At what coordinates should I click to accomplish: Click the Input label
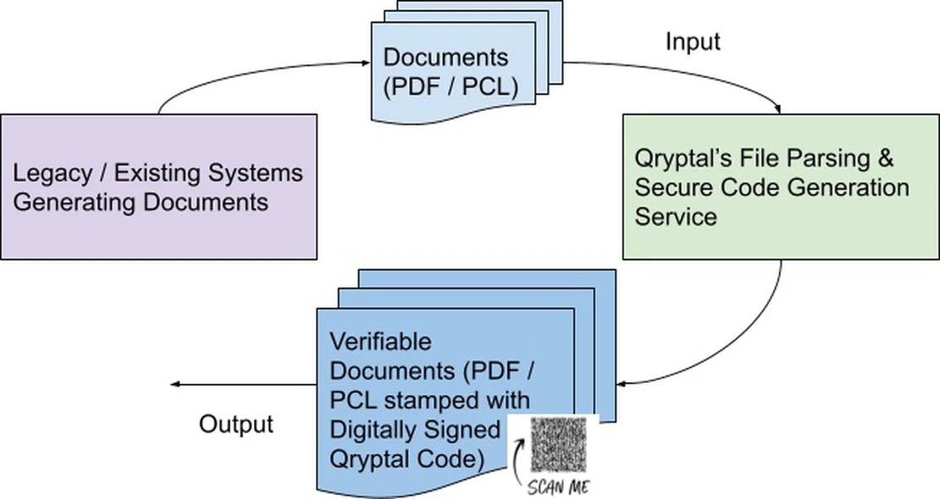(x=693, y=42)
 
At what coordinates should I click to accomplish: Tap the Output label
(x=235, y=424)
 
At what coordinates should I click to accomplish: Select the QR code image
(x=557, y=445)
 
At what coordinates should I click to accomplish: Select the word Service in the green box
(x=676, y=217)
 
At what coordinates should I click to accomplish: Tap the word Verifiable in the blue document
(x=380, y=341)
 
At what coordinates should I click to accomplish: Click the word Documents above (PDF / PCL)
(x=445, y=58)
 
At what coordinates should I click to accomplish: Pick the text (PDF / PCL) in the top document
(x=451, y=87)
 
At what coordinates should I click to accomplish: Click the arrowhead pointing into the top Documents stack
(x=366, y=63)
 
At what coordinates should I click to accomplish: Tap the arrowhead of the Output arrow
(x=175, y=385)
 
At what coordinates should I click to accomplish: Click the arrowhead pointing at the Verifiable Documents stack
(x=622, y=383)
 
